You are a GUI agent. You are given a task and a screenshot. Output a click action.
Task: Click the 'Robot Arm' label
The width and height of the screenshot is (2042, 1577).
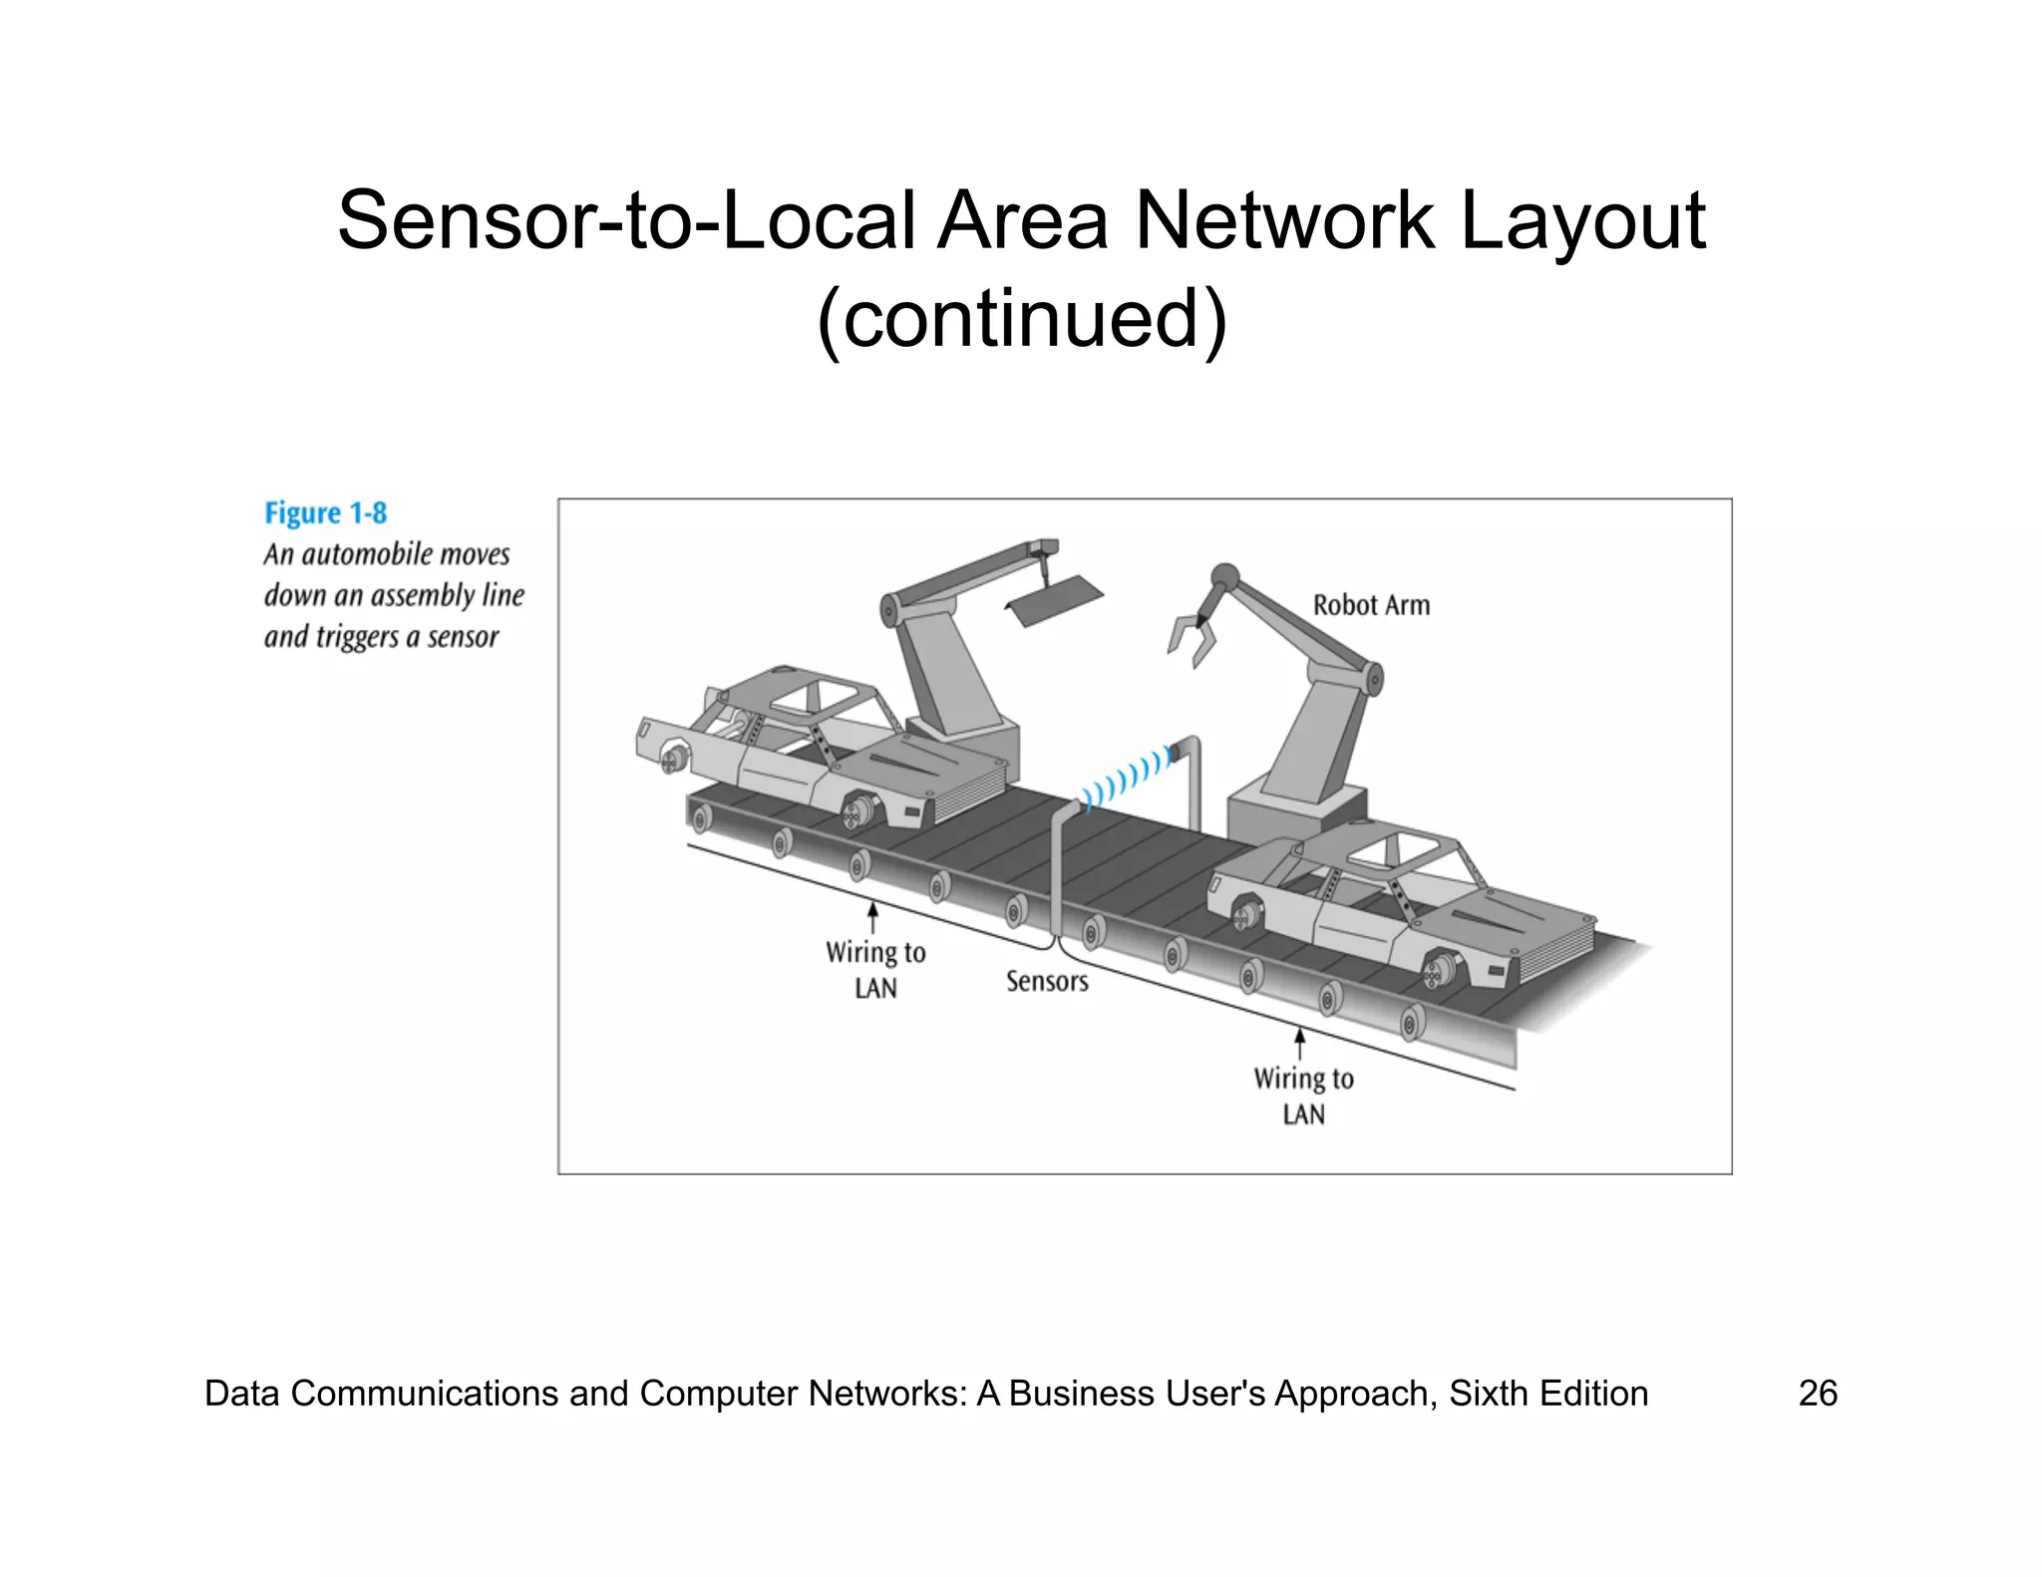1371,605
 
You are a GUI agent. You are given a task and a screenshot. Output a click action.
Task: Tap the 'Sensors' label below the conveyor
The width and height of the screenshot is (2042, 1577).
1047,982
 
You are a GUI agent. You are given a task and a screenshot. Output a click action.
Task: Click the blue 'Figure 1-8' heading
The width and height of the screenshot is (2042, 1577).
325,513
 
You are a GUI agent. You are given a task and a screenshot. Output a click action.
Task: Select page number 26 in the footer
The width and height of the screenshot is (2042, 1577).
1817,1393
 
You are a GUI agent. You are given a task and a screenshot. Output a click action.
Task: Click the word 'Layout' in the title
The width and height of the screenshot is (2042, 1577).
1582,220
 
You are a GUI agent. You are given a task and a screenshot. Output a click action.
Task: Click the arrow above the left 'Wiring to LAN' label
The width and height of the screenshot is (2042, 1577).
873,916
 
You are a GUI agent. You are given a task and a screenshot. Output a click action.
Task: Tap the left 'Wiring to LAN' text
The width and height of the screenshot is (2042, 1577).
875,969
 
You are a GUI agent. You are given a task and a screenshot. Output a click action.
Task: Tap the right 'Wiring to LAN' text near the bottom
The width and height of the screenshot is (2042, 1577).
1303,1096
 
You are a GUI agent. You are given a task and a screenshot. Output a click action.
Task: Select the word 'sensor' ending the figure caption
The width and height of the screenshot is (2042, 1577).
463,637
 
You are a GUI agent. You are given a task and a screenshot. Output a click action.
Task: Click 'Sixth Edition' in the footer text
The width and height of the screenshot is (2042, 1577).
1547,1393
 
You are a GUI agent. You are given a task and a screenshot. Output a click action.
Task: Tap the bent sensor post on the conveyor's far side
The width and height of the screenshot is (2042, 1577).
1191,778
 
